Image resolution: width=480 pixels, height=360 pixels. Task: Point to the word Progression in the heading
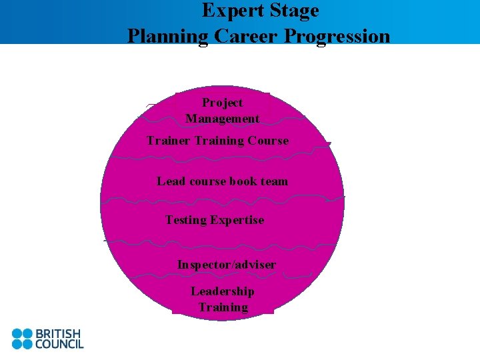(x=337, y=35)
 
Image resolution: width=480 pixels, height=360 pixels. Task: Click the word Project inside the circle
(x=222, y=103)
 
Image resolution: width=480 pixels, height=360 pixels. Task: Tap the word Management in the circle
(x=222, y=119)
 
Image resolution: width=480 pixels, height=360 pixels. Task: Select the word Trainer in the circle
(x=169, y=141)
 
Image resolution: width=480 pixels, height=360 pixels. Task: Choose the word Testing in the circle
(x=186, y=220)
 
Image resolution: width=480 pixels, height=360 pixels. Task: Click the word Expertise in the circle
(x=237, y=220)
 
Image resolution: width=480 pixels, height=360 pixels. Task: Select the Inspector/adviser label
(x=226, y=265)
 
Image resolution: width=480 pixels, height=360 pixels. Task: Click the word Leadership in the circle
(x=222, y=291)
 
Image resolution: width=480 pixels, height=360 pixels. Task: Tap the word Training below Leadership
(x=223, y=307)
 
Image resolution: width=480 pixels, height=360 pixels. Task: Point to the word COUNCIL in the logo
(x=59, y=344)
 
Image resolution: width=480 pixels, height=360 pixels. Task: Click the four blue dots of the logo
(x=21, y=339)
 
